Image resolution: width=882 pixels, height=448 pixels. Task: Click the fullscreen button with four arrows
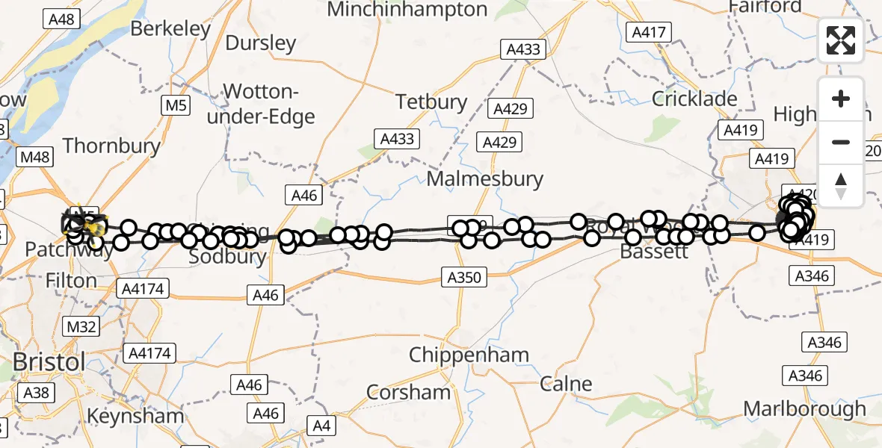pyautogui.click(x=841, y=40)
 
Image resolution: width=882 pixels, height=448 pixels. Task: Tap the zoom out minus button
pyautogui.click(x=841, y=142)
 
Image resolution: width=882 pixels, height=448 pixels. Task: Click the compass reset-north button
pyautogui.click(x=841, y=186)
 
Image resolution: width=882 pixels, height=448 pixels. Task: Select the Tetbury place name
pyautogui.click(x=431, y=102)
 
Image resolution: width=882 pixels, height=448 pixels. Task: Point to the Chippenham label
pyautogui.click(x=469, y=355)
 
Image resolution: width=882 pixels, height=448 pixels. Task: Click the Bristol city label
pyautogui.click(x=49, y=362)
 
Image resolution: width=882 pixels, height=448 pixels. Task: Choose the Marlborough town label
pyautogui.click(x=805, y=409)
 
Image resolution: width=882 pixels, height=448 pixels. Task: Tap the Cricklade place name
pyautogui.click(x=694, y=99)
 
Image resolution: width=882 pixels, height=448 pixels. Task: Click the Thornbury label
pyautogui.click(x=111, y=145)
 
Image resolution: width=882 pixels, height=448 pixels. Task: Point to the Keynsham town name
pyautogui.click(x=135, y=415)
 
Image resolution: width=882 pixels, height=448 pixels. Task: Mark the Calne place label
pyautogui.click(x=566, y=385)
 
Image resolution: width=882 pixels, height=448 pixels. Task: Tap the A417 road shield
pyautogui.click(x=651, y=32)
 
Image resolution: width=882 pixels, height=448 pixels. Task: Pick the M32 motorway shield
pyautogui.click(x=82, y=327)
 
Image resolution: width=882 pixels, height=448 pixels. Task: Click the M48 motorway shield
pyautogui.click(x=35, y=157)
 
